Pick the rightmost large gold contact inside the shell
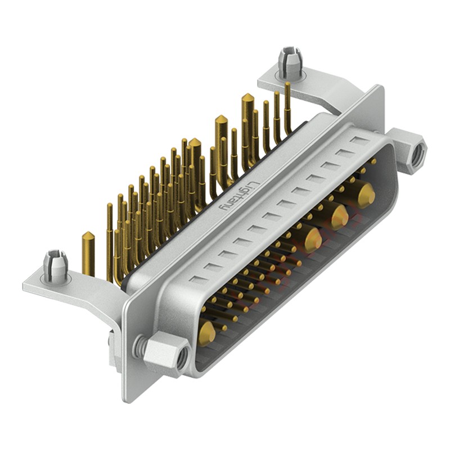coord(366,194)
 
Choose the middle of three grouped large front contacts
coord(338,216)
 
